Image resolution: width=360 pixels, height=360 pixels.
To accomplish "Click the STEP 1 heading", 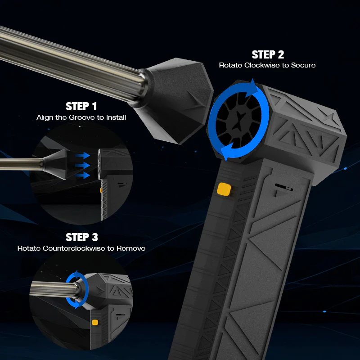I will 81,107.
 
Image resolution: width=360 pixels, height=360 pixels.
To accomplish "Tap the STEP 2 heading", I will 268,55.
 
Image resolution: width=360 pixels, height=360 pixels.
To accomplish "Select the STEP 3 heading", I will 81,237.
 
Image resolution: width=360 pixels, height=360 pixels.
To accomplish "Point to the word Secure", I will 303,65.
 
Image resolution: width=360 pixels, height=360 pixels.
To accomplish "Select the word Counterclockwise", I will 85,248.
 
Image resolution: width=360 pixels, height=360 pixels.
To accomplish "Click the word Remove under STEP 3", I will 131,248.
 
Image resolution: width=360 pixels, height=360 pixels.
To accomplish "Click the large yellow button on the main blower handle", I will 222,189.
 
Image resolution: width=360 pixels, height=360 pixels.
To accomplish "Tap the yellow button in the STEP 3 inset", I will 95,322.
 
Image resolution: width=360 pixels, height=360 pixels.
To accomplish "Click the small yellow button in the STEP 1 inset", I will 100,190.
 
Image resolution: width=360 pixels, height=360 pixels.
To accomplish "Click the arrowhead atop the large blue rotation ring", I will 255,85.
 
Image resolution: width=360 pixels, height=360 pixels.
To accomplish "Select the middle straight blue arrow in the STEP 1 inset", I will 82,165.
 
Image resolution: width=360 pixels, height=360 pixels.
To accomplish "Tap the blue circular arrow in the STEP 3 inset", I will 75,290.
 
